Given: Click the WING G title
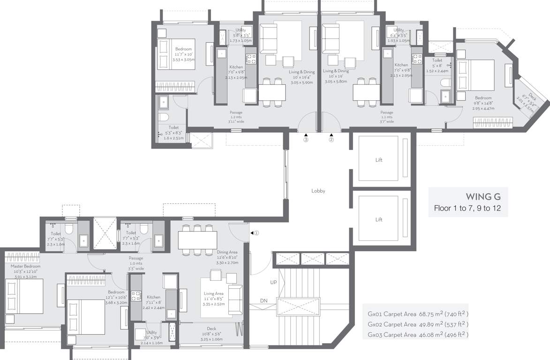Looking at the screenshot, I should point(482,196).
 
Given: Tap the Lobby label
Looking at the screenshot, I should point(318,191).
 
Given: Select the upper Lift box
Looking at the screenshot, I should point(378,160).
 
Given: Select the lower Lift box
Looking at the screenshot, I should point(378,219).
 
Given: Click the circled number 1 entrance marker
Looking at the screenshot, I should point(256,233).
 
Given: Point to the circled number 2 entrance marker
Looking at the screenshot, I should point(331,139).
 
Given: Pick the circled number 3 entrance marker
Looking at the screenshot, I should point(306,139).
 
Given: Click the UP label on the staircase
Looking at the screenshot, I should point(273,283).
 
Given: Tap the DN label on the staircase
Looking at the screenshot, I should point(264,300).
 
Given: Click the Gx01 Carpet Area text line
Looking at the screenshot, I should point(418,314).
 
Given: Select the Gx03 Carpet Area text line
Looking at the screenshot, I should point(418,335).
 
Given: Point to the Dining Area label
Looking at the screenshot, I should point(228,252).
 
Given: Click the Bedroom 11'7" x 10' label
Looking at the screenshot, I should point(183,49).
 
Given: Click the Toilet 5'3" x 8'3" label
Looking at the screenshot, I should point(173,127).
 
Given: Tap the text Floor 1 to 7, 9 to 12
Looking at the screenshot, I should point(467,208).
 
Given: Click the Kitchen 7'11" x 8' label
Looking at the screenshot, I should point(153,297).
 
